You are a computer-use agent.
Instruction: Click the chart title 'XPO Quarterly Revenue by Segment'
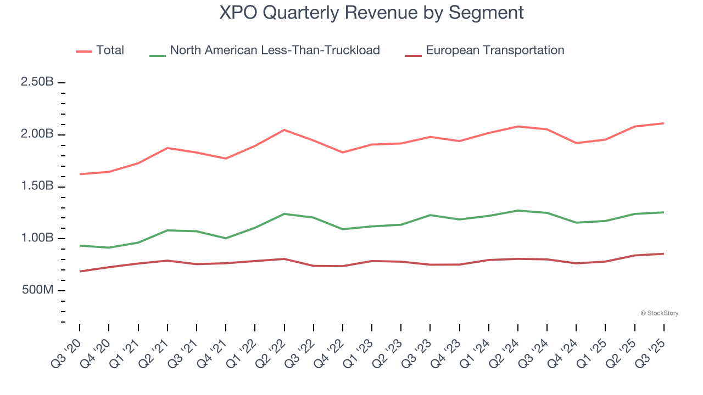point(371,12)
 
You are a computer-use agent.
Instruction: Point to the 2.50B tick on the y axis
point(37,82)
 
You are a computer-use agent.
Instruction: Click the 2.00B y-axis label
point(37,134)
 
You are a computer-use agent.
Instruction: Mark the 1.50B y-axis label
point(37,187)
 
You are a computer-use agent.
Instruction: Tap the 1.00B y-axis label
point(37,239)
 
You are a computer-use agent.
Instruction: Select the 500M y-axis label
point(37,290)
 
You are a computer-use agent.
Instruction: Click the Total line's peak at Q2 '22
point(284,130)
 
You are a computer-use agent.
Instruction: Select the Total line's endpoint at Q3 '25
point(664,123)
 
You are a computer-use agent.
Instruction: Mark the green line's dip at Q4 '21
point(226,238)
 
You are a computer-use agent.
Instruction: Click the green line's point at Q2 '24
point(518,211)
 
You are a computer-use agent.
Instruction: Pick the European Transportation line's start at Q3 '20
point(80,272)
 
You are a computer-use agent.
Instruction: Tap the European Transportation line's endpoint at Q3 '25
point(664,253)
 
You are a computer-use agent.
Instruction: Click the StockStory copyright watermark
point(659,313)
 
